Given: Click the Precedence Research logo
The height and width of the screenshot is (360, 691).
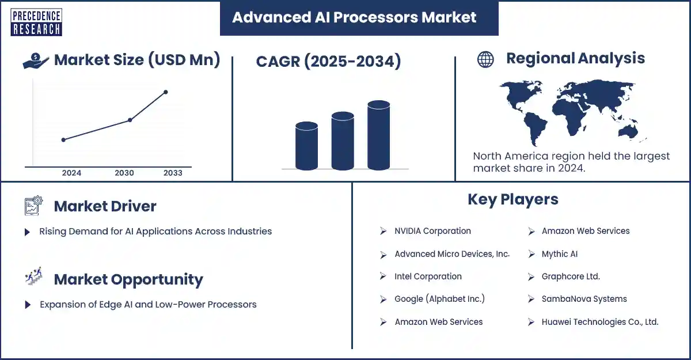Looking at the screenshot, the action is click(x=36, y=22).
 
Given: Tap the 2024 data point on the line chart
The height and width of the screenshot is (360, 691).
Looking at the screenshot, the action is click(x=63, y=140).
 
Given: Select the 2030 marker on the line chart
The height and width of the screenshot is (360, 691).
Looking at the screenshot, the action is click(x=130, y=120).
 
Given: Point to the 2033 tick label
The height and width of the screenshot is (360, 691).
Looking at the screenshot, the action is click(x=173, y=173).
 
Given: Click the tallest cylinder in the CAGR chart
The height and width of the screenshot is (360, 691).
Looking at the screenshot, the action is click(x=378, y=135).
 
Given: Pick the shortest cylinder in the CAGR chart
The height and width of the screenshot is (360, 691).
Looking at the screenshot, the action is click(x=306, y=146).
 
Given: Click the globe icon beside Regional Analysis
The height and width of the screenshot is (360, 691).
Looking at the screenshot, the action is click(x=485, y=59).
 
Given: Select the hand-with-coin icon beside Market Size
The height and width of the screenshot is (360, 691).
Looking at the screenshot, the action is click(x=36, y=60).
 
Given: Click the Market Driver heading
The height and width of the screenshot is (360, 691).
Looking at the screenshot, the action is click(x=105, y=206).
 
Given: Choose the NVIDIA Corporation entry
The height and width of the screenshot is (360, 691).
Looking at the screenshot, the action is click(x=432, y=231).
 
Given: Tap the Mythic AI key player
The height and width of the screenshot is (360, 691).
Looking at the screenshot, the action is click(x=560, y=254).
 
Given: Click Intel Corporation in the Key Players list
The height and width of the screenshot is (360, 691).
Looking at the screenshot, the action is click(x=428, y=276).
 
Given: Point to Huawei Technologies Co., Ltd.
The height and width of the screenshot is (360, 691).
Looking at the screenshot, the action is click(x=600, y=322).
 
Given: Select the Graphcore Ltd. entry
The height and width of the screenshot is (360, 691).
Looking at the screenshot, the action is click(x=571, y=276).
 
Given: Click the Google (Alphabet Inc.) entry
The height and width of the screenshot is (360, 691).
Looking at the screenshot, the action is click(x=439, y=298).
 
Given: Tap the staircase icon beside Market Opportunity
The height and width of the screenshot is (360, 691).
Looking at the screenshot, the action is click(x=33, y=276).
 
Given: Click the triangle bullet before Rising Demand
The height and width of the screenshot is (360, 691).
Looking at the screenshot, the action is click(x=27, y=232).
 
